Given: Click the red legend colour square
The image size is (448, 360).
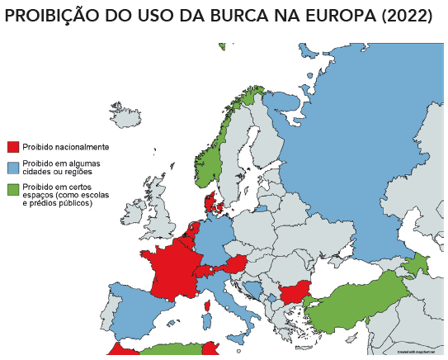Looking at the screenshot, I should (x=12, y=147).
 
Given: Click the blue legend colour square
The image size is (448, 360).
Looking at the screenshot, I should (x=12, y=168).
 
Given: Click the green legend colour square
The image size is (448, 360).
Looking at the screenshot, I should (x=12, y=189).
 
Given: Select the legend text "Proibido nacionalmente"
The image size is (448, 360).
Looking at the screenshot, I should (x=66, y=147).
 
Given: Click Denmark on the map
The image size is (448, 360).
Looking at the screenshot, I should (x=211, y=202).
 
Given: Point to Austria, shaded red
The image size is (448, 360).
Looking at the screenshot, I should (x=235, y=264).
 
